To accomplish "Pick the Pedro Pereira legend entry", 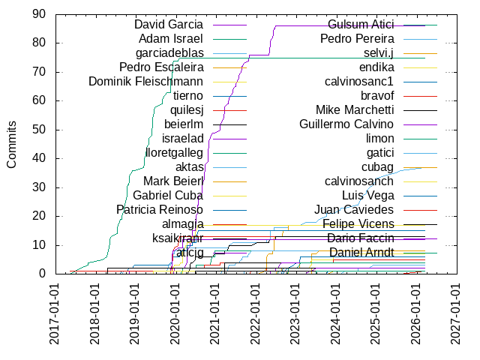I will [358, 39].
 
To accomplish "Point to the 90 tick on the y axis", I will [39, 13].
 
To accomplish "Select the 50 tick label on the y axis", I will [39, 129].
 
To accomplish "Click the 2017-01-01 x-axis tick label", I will [55, 314].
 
